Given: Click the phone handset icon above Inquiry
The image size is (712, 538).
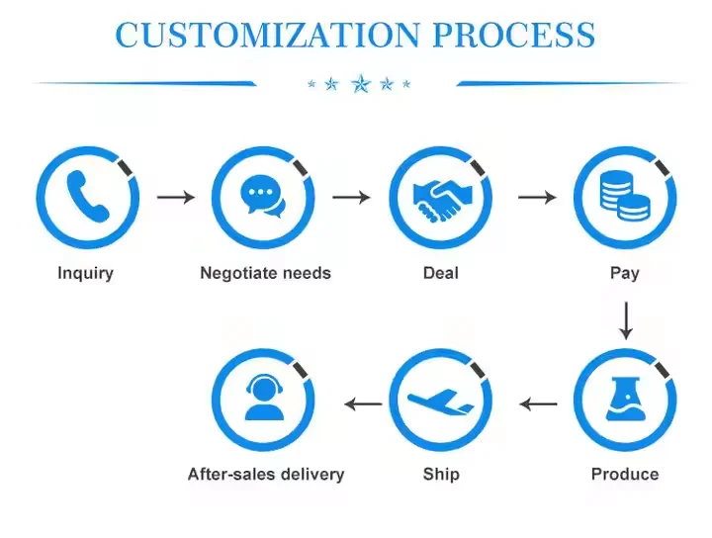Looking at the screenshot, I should coord(87,197).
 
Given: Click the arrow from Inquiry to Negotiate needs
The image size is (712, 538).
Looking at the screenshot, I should coord(176,197).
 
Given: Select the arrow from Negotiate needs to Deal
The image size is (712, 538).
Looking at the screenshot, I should coord(351,197).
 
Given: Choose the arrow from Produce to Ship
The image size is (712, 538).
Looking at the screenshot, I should coord(539,403).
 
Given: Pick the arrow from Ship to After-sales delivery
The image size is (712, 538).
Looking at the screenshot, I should coord(362,403).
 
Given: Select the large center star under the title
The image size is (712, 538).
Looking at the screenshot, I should coord(360,83).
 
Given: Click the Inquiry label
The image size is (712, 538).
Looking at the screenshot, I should coord(85,273).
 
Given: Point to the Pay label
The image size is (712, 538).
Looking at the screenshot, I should coord(625,273).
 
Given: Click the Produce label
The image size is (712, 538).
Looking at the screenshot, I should coord(625,475).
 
